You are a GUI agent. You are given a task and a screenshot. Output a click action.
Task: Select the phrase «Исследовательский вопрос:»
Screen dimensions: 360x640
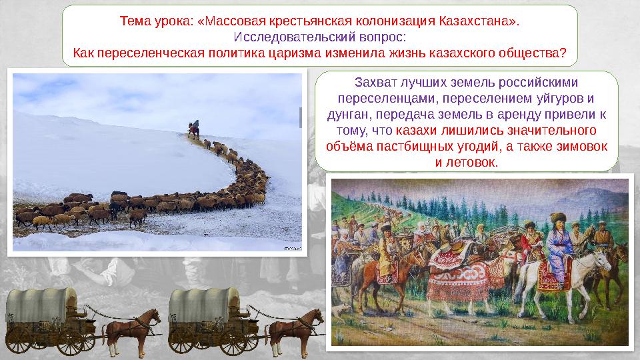coord(320,37)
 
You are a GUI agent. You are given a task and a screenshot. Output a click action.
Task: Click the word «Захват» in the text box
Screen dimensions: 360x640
coord(373,83)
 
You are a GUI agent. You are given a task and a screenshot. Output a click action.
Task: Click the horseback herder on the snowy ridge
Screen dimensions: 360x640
coord(193,128)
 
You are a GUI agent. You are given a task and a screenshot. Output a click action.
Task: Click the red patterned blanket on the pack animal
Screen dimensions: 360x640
coord(460,287)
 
